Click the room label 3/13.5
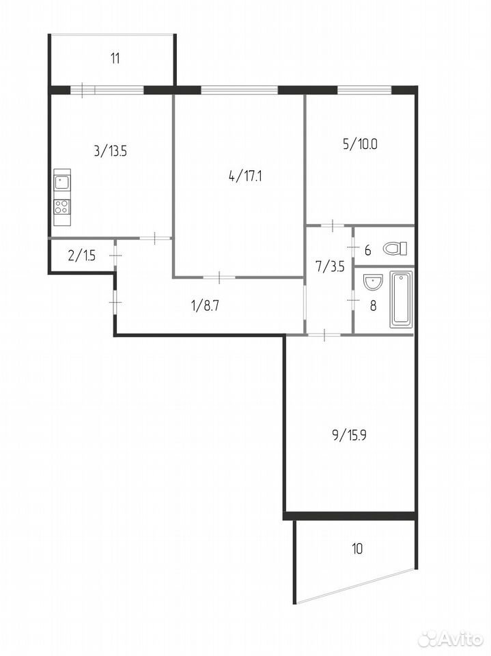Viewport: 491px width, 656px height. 111,151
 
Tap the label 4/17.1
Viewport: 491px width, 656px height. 246,176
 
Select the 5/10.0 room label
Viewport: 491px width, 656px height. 360,144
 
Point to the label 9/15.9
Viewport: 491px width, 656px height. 349,435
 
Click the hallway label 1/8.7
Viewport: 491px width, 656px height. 206,306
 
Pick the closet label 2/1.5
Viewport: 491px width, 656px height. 81,255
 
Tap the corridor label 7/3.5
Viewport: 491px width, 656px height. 331,266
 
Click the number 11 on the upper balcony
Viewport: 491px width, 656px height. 115,58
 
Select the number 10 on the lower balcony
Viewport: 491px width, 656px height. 357,548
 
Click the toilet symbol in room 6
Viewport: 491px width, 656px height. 395,249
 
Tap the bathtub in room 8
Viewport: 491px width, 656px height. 402,299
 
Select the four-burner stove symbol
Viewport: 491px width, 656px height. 62,206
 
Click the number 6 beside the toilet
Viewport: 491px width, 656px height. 367,251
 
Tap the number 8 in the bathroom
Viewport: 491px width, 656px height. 373,306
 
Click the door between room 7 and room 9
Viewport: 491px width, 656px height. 325,334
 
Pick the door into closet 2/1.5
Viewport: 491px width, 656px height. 115,255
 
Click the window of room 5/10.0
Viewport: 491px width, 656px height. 364,89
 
